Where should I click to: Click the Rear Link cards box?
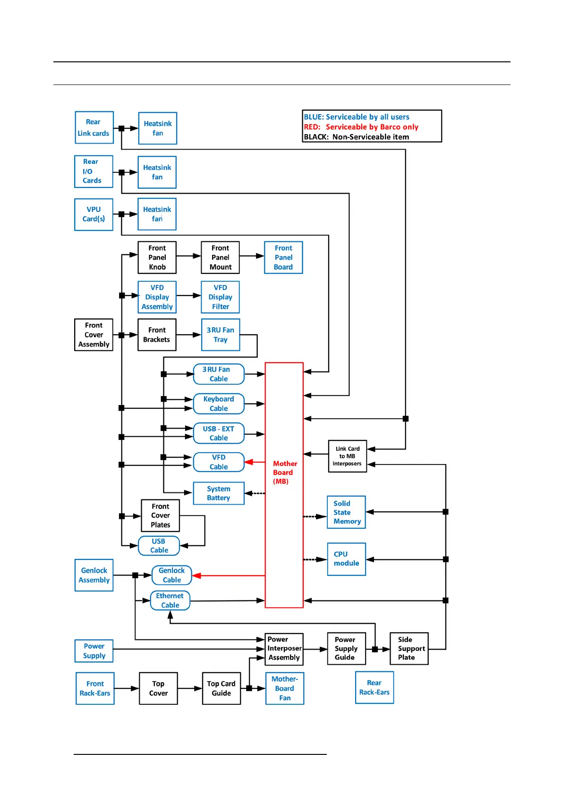[x=94, y=127]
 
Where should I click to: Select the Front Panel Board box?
[x=283, y=257]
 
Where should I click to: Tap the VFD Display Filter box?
[x=220, y=297]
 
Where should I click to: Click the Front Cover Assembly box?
[x=94, y=335]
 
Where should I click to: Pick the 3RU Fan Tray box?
[x=221, y=335]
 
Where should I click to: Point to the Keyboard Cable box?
[x=219, y=404]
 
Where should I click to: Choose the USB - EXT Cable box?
[x=219, y=433]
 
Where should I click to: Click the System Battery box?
[x=219, y=493]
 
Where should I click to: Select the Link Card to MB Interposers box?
[x=348, y=456]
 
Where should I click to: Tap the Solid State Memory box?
[x=347, y=512]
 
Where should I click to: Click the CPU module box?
[x=347, y=559]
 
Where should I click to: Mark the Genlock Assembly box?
[x=94, y=575]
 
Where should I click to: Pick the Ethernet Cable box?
[x=170, y=600]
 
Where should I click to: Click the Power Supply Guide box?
[x=346, y=649]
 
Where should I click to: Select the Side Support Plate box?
[x=409, y=649]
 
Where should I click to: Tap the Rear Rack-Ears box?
[x=375, y=687]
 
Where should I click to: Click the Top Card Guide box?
[x=221, y=688]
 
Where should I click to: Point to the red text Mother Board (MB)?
[x=284, y=473]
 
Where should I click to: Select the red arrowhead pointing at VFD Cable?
[x=249, y=462]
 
